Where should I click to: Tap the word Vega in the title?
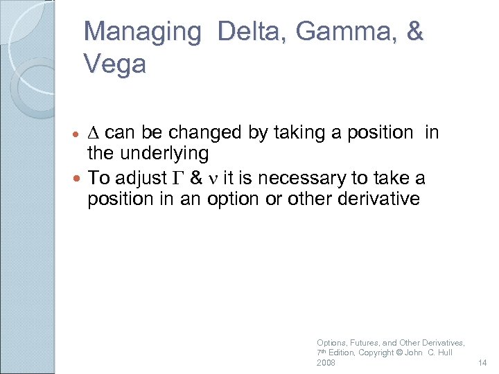pos(115,64)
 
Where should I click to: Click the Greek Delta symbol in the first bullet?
pos(96,133)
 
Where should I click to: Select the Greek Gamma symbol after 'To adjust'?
pos(174,179)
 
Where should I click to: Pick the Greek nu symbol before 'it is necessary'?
pos(213,179)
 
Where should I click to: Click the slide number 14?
pos(484,362)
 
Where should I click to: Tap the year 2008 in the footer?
pos(326,362)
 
